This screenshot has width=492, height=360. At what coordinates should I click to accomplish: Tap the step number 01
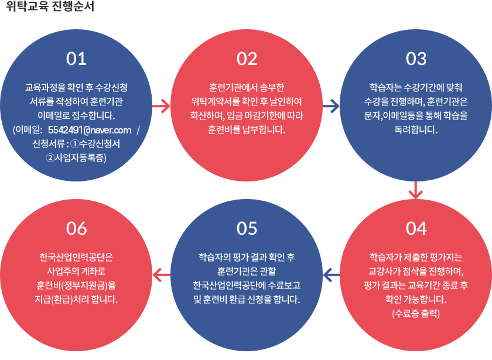tap(77, 59)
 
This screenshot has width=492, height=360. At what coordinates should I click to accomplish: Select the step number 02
tap(247, 59)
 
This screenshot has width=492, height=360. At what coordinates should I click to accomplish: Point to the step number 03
tap(416, 59)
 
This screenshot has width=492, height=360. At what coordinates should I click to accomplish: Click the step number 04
tap(416, 228)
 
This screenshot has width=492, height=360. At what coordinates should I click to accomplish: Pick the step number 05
tap(247, 228)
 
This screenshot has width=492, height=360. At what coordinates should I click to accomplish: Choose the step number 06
tap(77, 228)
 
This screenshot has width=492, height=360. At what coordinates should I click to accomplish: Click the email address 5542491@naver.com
tap(90, 129)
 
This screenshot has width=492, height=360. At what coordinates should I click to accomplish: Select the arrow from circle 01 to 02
tap(161, 107)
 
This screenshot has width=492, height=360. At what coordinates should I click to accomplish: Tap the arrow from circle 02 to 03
tap(331, 107)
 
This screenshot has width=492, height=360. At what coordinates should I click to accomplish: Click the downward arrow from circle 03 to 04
tap(416, 190)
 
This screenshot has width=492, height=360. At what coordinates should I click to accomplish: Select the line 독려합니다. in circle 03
tap(416, 129)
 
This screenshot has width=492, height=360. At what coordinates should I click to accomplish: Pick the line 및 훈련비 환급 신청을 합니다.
tap(247, 300)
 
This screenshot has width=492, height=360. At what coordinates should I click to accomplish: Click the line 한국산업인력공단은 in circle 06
tap(77, 258)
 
